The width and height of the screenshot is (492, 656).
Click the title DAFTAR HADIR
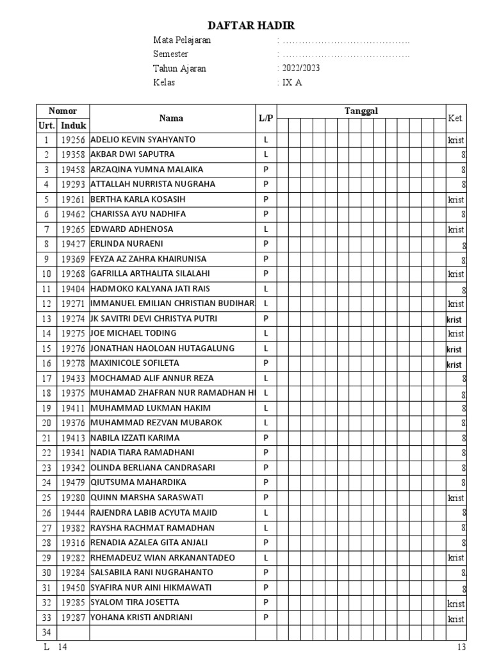click(x=251, y=26)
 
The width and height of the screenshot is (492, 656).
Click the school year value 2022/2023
click(x=299, y=69)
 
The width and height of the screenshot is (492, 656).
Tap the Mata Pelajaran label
click(x=182, y=40)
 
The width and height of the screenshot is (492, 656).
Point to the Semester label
click(x=170, y=54)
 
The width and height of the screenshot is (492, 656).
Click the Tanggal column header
click(x=361, y=111)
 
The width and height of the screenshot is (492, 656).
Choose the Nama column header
click(x=171, y=118)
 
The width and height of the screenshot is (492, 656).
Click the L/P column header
click(x=266, y=118)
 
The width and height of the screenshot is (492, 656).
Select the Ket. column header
click(x=455, y=118)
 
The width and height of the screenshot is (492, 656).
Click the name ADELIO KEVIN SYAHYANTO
click(x=143, y=140)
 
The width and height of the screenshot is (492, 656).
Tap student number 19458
click(x=74, y=170)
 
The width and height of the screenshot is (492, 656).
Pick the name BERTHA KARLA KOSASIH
click(x=138, y=199)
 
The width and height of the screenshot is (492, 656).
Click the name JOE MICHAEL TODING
click(x=133, y=333)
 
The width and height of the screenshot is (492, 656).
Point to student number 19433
click(x=74, y=379)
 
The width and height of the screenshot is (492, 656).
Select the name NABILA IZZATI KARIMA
click(x=135, y=438)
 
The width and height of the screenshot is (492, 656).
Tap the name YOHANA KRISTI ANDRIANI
click(x=142, y=618)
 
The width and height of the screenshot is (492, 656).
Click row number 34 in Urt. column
click(x=46, y=633)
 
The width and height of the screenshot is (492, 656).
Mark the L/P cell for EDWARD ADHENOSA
click(x=266, y=229)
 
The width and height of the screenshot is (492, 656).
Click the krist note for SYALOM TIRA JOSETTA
click(x=456, y=603)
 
